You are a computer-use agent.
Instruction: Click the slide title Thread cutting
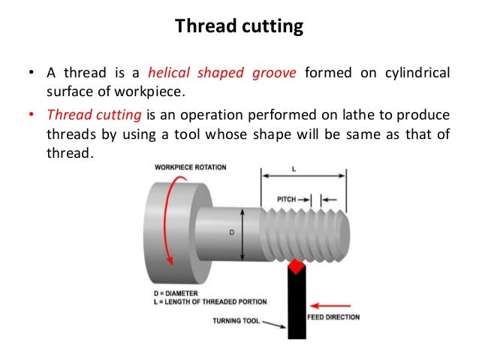239,28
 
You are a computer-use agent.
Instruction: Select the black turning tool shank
296,308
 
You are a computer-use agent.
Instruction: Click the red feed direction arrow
331,305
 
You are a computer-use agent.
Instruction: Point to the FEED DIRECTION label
333,317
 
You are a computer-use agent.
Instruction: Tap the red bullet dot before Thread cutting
33,116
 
